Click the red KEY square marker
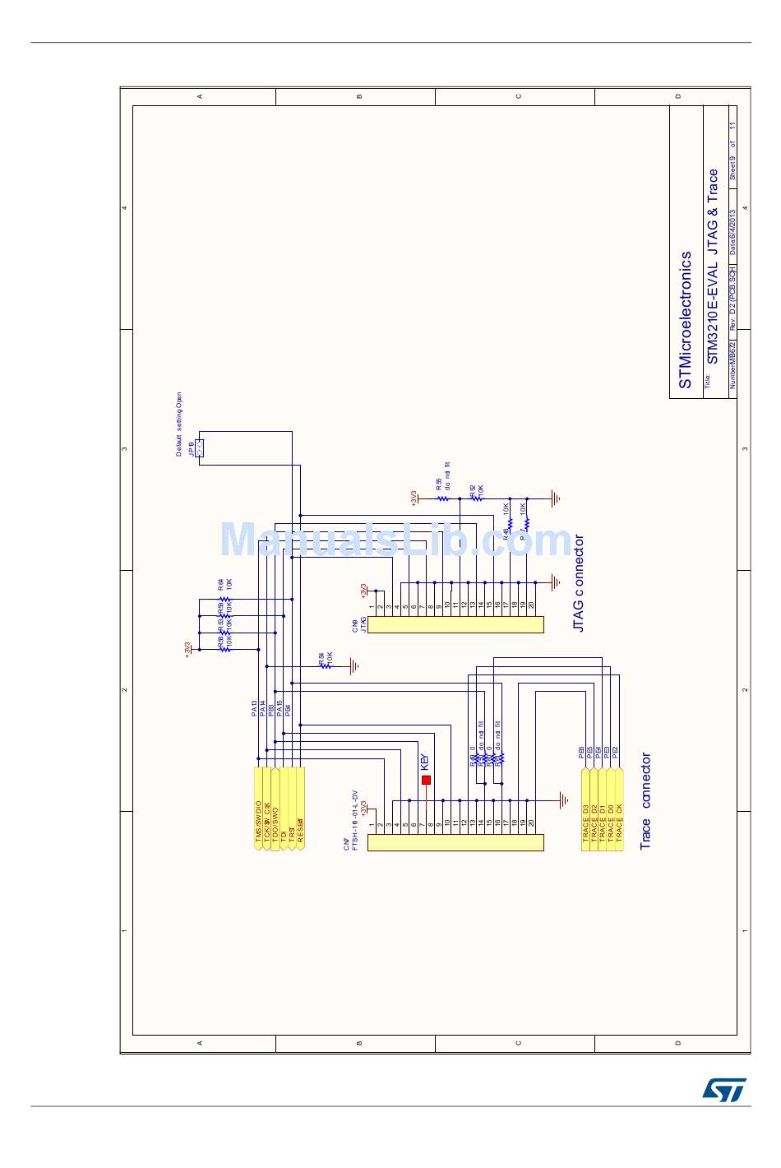(426, 779)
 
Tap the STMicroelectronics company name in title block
(685, 320)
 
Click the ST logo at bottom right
(723, 1089)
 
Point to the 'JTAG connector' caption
(579, 583)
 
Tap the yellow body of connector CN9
(455, 624)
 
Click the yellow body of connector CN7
(455, 842)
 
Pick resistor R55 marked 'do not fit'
(441, 498)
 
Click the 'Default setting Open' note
(179, 424)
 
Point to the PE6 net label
(581, 752)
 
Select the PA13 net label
(254, 708)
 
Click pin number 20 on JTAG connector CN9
(532, 605)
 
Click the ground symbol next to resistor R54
(354, 665)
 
